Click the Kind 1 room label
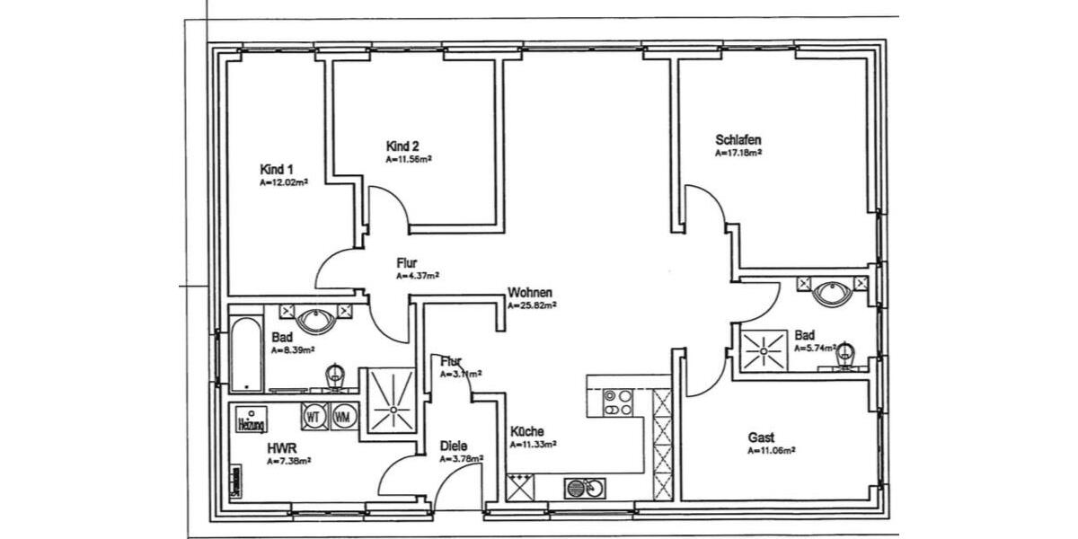click(x=276, y=170)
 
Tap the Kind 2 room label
click(x=402, y=146)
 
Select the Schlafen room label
click(x=738, y=140)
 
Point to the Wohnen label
click(x=529, y=293)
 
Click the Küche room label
click(x=526, y=431)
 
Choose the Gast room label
click(x=761, y=437)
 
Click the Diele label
click(x=453, y=446)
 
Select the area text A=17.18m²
click(x=738, y=154)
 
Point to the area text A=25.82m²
click(x=532, y=305)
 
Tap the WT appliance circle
click(x=314, y=417)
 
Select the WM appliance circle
click(x=342, y=417)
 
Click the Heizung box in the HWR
click(x=249, y=422)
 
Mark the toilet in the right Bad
click(x=845, y=356)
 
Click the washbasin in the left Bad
click(x=317, y=318)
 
